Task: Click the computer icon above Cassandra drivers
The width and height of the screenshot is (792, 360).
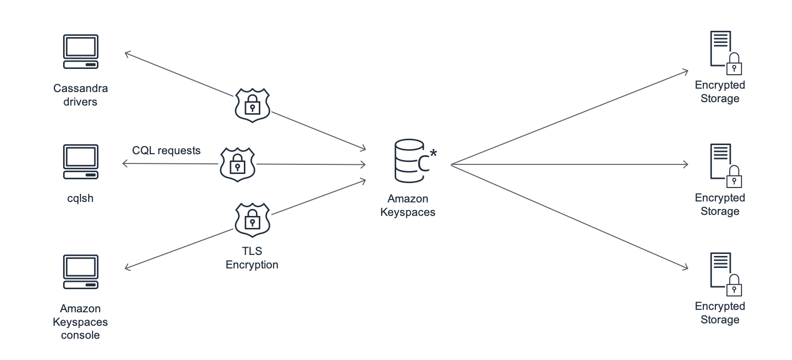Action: (81, 52)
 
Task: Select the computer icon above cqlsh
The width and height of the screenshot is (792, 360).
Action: (81, 161)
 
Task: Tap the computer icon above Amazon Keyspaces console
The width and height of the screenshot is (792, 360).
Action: (81, 272)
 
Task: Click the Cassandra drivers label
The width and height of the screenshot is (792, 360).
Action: (81, 95)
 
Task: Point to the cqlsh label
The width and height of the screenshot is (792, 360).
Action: (81, 198)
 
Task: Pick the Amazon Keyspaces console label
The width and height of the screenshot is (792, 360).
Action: (81, 322)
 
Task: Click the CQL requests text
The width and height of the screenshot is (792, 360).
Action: (166, 150)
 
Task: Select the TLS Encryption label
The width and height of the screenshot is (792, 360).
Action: (252, 258)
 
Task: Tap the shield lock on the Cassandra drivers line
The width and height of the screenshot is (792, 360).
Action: (252, 105)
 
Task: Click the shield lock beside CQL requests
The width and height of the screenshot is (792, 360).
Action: (238, 164)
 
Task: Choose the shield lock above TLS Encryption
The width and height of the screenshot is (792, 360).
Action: (252, 220)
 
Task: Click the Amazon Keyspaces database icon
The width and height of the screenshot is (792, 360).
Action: (410, 161)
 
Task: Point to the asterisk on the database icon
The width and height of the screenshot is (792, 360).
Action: (433, 153)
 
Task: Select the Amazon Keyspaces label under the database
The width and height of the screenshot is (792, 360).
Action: (408, 205)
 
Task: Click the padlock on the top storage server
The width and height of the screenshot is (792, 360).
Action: (734, 65)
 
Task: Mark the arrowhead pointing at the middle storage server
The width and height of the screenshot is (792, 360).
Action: (685, 165)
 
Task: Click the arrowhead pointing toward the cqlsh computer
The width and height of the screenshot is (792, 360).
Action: (125, 164)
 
